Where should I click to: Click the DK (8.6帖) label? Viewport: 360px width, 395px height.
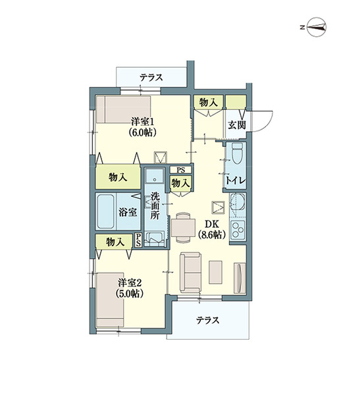[x=211, y=229]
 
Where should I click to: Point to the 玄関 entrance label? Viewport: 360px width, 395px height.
[x=237, y=125]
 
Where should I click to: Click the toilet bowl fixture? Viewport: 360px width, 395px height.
[x=237, y=153]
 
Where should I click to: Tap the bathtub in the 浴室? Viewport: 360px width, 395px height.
[x=106, y=211]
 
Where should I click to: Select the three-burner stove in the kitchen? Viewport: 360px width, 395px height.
[x=238, y=229]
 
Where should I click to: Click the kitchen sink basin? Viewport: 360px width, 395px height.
[x=238, y=204]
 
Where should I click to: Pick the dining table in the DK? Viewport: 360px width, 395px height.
[x=183, y=228]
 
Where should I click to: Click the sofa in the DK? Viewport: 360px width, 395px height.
[x=190, y=273]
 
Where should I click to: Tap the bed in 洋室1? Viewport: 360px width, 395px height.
[x=123, y=109]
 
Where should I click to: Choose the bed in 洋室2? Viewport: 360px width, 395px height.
[x=110, y=300]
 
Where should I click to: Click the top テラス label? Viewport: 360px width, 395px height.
[x=151, y=77]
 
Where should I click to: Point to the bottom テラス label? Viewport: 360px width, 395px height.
[x=208, y=321]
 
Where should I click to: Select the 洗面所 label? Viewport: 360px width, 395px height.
[x=155, y=205]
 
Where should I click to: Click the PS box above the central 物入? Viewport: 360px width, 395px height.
[x=180, y=170]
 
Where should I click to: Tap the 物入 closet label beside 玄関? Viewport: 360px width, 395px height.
[x=209, y=103]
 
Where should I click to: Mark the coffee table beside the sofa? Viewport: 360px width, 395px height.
[x=215, y=272]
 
